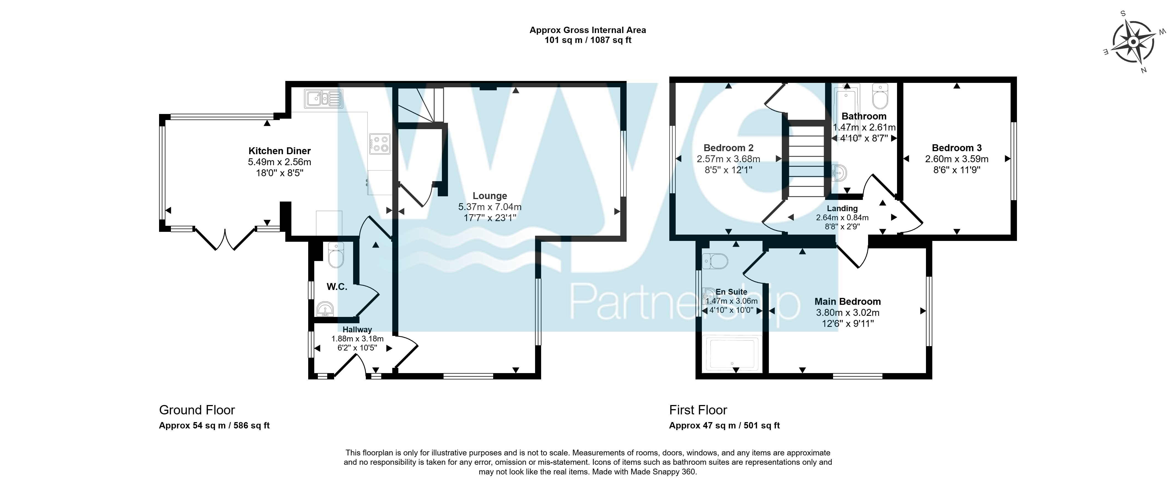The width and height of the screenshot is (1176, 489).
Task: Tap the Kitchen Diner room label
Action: pos(280,151)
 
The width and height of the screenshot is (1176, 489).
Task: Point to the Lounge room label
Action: pos(490,196)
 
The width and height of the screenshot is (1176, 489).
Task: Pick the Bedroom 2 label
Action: pos(729,148)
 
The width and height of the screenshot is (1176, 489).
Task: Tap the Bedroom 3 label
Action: pos(957,148)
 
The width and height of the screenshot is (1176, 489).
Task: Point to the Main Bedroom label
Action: pos(848,301)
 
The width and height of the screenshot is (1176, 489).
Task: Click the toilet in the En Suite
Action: pos(715,261)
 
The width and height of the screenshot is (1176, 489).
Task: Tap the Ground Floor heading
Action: pos(197,410)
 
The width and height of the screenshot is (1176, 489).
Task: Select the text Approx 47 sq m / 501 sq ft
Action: pos(724,426)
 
